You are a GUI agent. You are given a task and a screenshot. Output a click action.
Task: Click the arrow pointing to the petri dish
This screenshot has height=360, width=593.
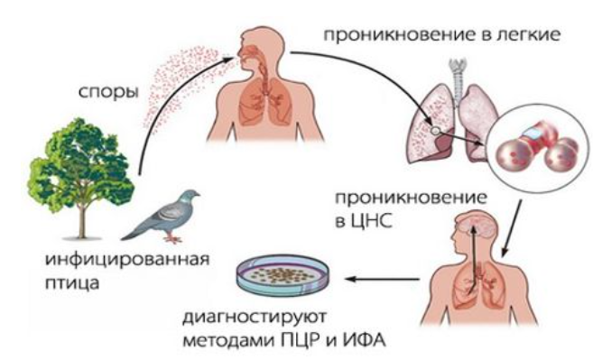coord(379,280)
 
